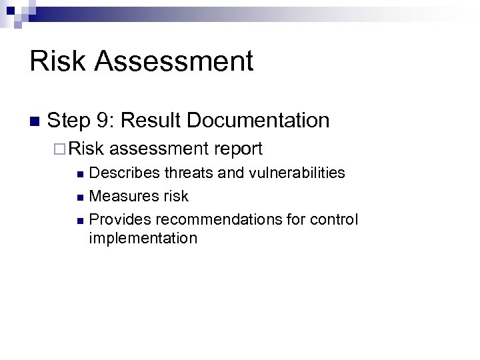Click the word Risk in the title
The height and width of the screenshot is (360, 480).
point(58,61)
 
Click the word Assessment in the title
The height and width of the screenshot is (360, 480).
point(174,61)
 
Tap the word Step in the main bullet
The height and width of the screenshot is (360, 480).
point(69,121)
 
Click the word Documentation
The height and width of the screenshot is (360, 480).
point(259,120)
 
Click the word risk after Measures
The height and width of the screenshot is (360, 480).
point(173,196)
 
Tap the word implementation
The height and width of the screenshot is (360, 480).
point(143,238)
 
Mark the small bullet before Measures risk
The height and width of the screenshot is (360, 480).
point(80,197)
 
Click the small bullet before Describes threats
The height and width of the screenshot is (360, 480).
point(80,175)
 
